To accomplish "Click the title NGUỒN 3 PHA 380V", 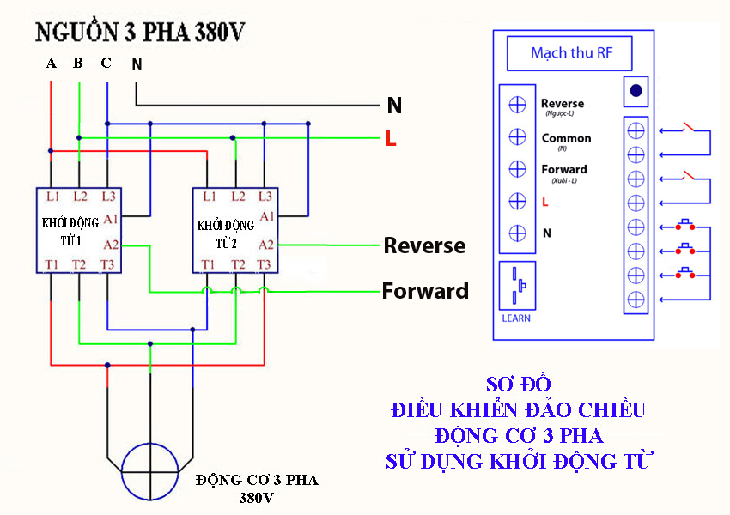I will point(140,33).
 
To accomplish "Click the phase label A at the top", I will point(51,63).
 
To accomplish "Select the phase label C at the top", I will point(106,63).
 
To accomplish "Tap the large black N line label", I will point(394,106).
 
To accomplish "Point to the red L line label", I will point(391,139).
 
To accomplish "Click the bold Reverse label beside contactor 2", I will point(424,246).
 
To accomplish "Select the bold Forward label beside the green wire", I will point(425,291).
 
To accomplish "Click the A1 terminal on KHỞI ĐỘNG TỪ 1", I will point(110,219).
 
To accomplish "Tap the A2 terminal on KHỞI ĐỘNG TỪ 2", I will point(266,244).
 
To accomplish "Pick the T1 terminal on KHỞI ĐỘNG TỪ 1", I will point(52,264).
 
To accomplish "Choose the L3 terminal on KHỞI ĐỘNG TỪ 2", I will point(265,197).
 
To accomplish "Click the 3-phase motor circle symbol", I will point(150,471).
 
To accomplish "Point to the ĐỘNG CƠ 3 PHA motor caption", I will point(256,480).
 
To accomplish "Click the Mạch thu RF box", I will point(569,53).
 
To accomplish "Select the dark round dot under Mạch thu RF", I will point(636,90).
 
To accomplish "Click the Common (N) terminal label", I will point(566,139).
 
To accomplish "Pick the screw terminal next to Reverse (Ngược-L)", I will point(518,105).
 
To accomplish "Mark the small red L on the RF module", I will point(545,202).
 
